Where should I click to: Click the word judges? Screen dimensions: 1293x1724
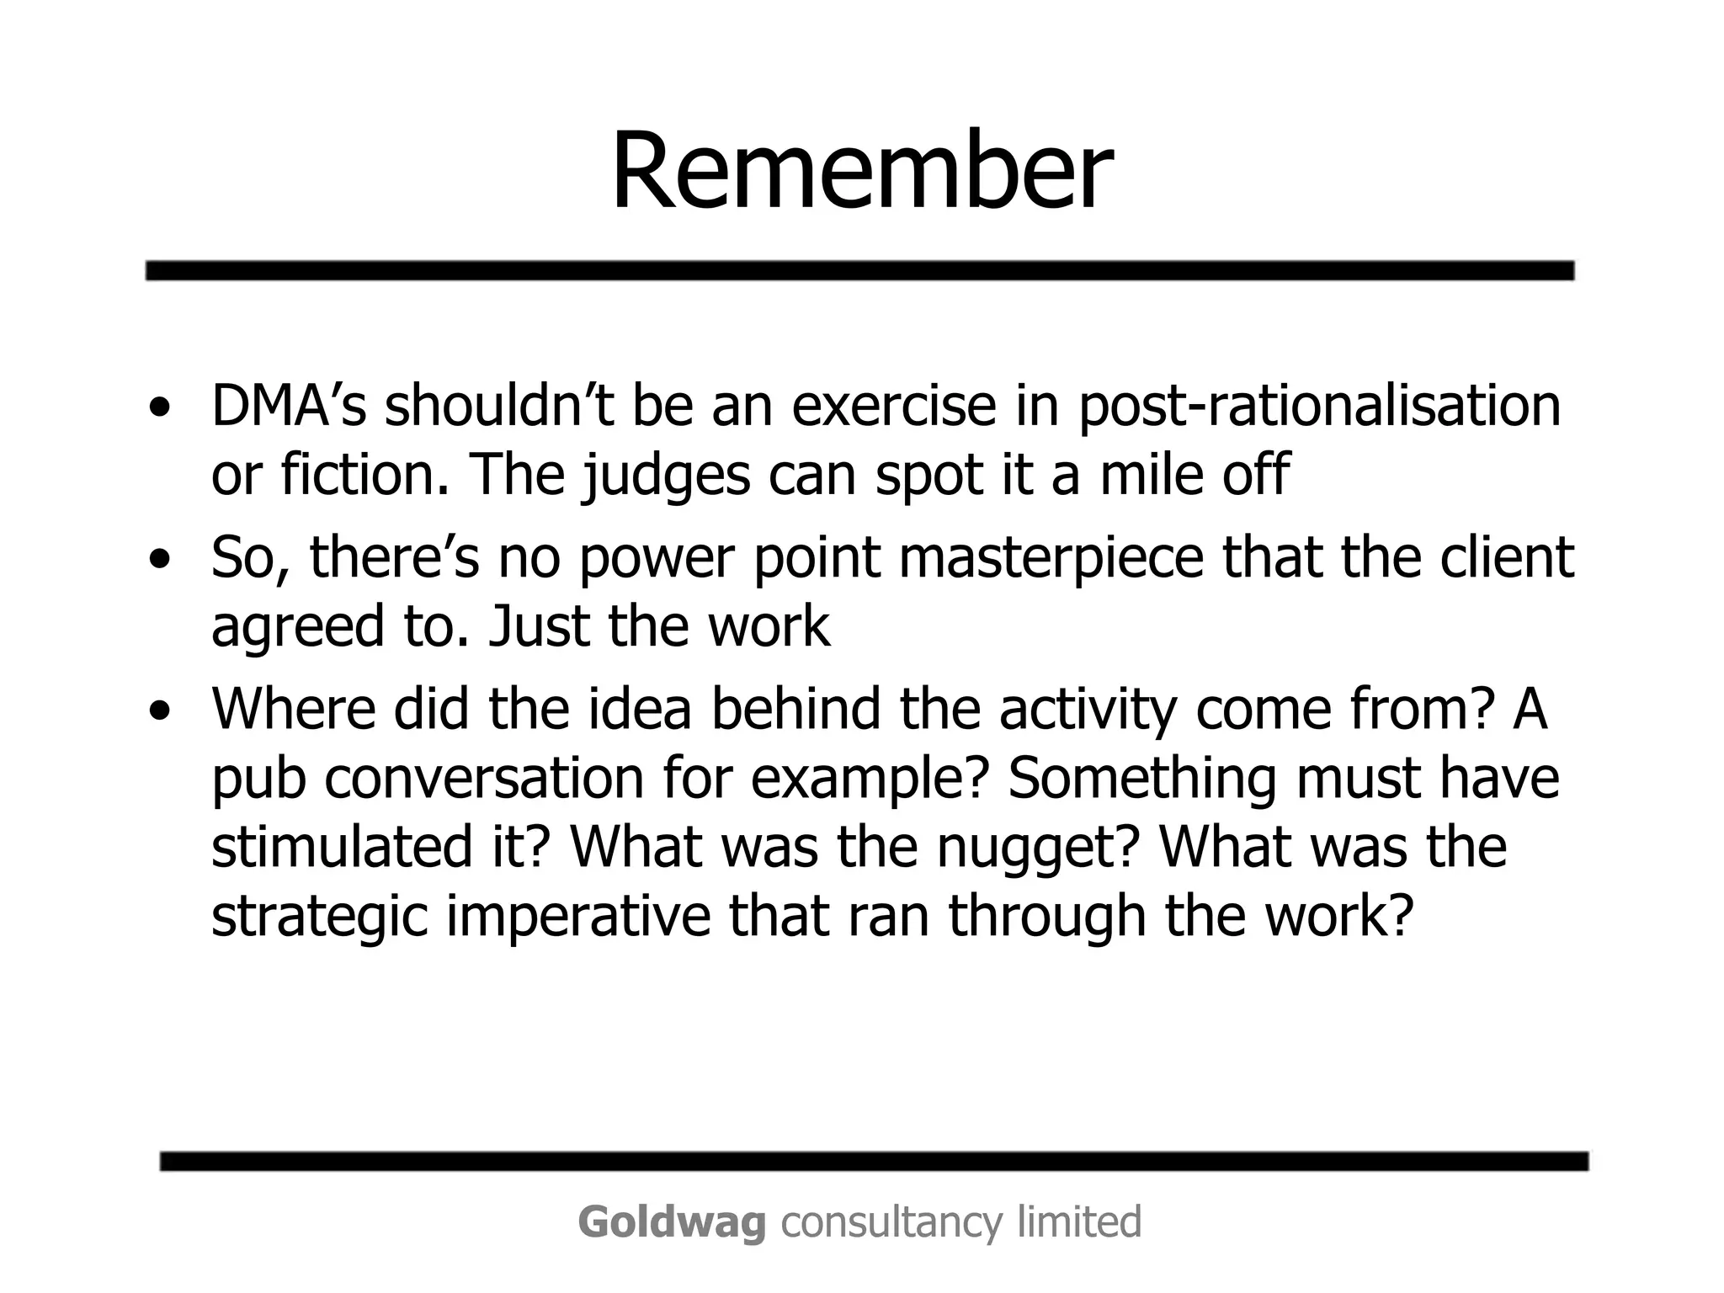tap(665, 476)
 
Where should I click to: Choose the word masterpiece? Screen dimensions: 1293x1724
tap(1051, 558)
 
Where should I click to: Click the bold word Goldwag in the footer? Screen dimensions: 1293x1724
tap(672, 1222)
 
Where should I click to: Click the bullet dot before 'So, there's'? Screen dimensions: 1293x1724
tap(159, 559)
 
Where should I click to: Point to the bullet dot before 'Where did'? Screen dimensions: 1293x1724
tap(159, 711)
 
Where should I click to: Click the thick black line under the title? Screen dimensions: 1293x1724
tap(859, 270)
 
